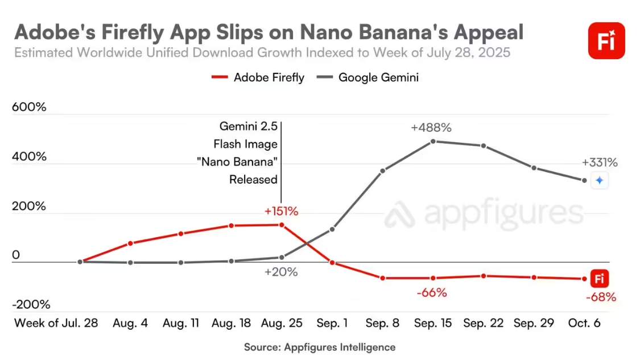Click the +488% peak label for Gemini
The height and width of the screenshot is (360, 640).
(x=433, y=128)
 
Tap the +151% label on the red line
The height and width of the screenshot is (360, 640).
(x=281, y=212)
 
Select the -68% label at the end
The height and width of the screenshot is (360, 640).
(x=600, y=297)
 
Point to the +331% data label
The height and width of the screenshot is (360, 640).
(x=600, y=163)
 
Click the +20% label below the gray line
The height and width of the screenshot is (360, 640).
(x=281, y=272)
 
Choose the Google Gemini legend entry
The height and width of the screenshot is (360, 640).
(x=369, y=77)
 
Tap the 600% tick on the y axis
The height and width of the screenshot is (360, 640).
(x=29, y=107)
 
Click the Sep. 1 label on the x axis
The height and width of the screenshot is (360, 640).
(x=332, y=323)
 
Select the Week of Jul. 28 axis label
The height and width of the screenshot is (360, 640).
(x=56, y=323)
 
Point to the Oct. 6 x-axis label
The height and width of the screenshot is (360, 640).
(x=585, y=323)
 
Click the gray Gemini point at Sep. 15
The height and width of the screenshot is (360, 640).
(x=433, y=141)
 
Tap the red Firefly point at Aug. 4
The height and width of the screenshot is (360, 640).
(x=130, y=243)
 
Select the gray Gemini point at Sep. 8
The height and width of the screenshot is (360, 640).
(x=383, y=171)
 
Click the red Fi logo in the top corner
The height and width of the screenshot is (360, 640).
(x=606, y=41)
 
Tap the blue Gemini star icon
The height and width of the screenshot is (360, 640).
(x=599, y=181)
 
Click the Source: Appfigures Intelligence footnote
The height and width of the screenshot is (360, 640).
(x=320, y=346)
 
